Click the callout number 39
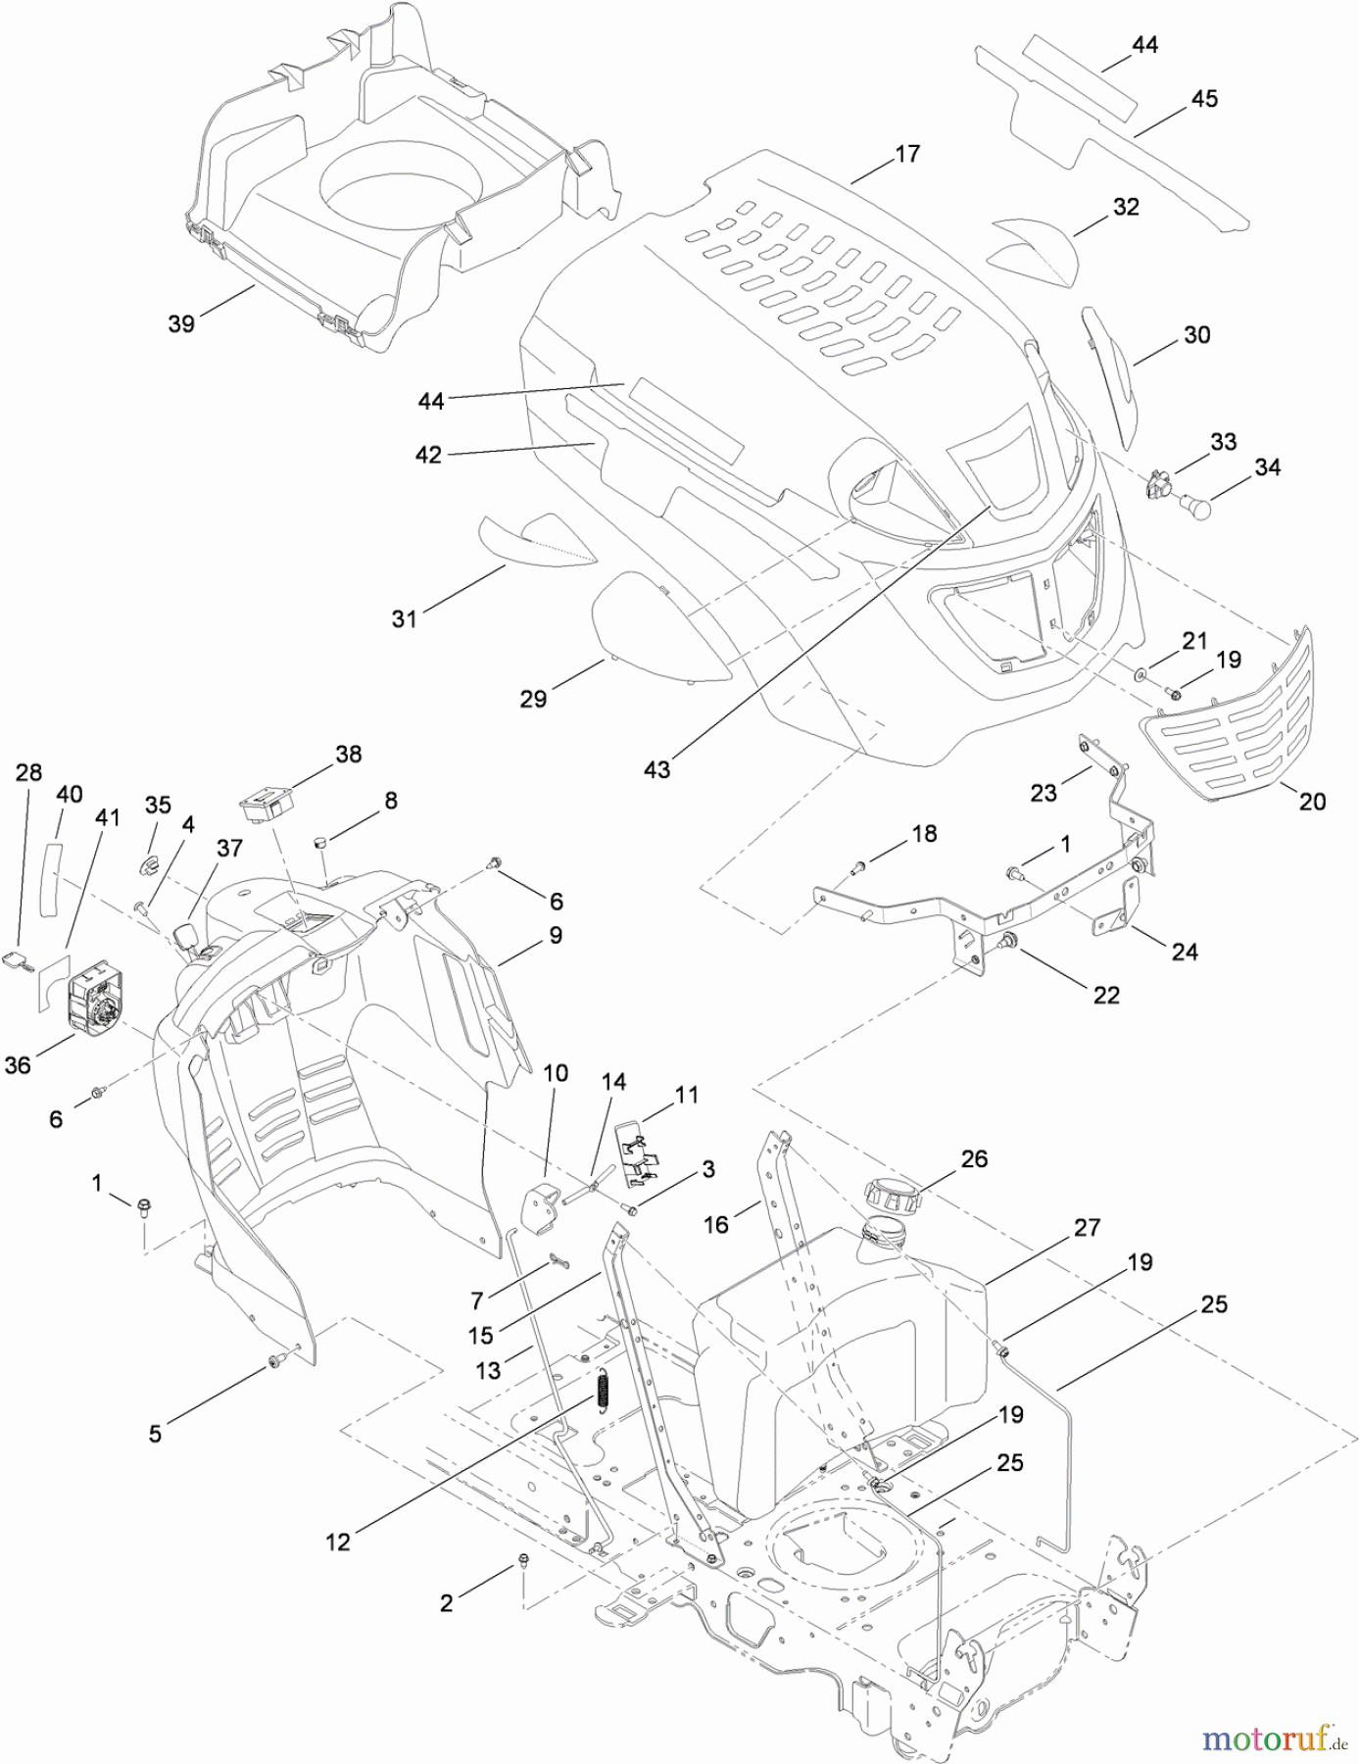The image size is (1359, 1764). (x=181, y=324)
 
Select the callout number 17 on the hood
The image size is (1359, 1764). (x=907, y=154)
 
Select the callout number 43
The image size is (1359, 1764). (x=656, y=769)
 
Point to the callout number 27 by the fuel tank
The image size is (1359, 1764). (x=1087, y=1227)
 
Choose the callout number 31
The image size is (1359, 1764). (x=404, y=618)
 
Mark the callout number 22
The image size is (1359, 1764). (x=1105, y=995)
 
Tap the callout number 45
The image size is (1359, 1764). (x=1204, y=99)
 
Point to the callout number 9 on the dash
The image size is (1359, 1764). (x=556, y=935)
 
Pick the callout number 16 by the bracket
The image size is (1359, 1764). (x=716, y=1224)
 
